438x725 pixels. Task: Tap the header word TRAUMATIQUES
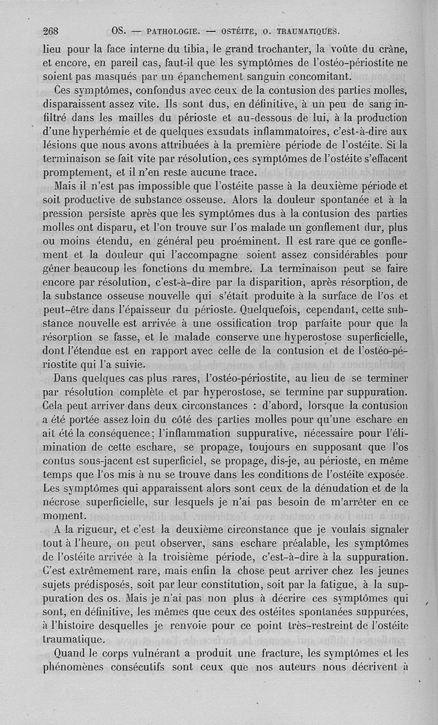click(309, 31)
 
